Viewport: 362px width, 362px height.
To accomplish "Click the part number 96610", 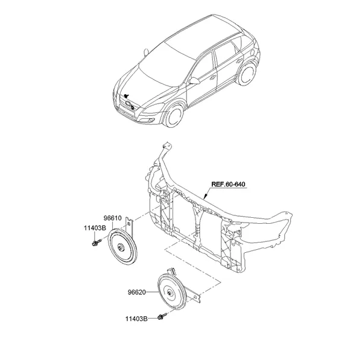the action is [x=112, y=218].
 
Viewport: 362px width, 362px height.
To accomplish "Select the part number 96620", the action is [x=137, y=292].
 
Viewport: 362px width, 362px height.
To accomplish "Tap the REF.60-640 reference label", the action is [x=228, y=184].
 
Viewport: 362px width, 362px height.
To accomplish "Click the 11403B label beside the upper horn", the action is [x=95, y=228].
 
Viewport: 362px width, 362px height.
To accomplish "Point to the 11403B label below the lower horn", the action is [x=136, y=319].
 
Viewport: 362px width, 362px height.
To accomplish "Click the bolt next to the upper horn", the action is [x=97, y=243].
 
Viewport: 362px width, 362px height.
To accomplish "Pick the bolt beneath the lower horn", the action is [x=162, y=316].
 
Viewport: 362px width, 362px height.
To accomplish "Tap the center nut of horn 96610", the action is [x=121, y=247].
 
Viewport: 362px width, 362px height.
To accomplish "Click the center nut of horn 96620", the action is [x=170, y=293].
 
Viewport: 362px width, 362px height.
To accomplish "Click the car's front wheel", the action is [x=174, y=115].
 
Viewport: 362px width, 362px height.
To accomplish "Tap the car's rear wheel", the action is [x=247, y=74].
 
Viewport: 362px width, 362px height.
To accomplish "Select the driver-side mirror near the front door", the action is [x=194, y=81].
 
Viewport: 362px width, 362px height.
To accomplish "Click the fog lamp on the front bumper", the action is [x=151, y=120].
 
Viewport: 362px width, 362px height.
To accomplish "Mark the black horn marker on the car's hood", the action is [x=126, y=95].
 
